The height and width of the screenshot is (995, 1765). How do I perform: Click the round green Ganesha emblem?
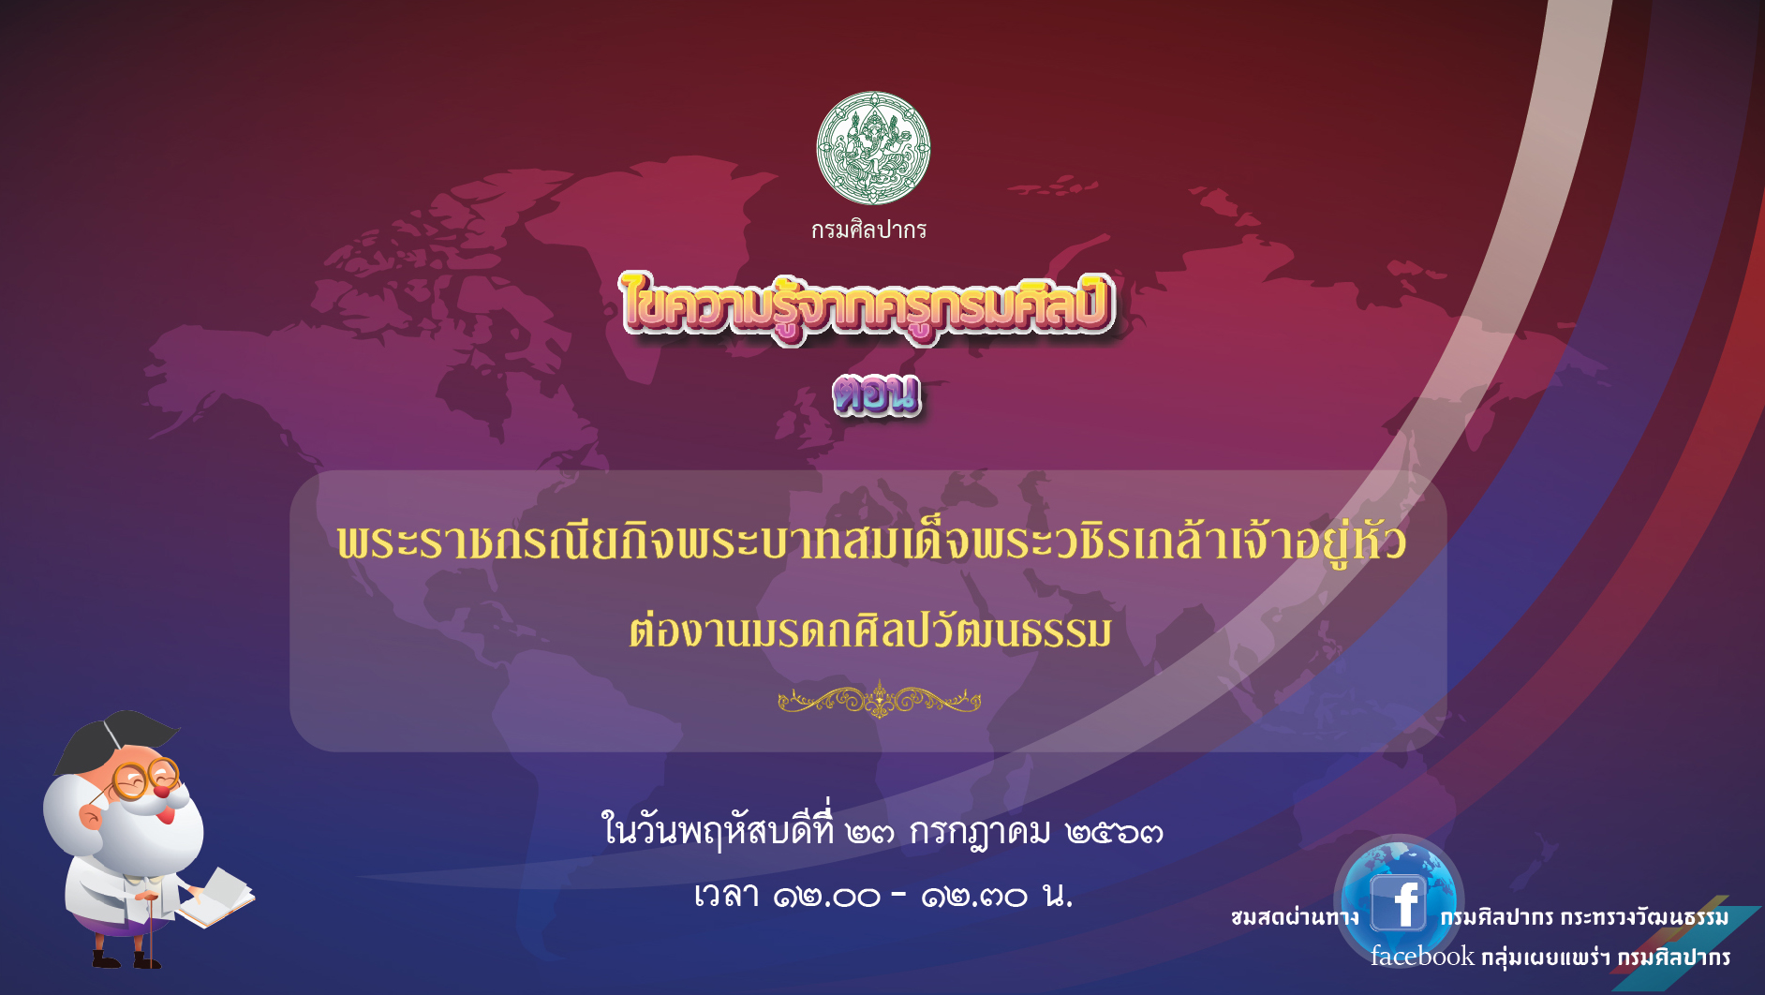click(x=873, y=148)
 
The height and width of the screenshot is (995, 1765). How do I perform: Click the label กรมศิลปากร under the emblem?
click(x=868, y=230)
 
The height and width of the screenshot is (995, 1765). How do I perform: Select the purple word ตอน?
click(x=877, y=394)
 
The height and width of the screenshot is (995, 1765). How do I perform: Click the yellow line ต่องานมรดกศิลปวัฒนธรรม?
click(x=870, y=631)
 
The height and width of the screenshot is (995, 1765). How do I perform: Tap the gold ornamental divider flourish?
click(x=879, y=700)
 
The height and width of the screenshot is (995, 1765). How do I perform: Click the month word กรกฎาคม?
click(x=980, y=831)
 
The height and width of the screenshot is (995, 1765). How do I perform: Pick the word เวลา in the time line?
click(x=726, y=896)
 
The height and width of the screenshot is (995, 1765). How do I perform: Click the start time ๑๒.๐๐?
click(x=826, y=897)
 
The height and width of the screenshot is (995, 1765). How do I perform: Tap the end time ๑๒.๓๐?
click(x=974, y=897)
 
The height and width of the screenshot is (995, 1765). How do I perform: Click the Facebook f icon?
click(x=1399, y=903)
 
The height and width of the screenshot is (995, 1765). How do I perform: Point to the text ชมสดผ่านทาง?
click(x=1295, y=917)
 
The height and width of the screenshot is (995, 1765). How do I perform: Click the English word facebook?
click(x=1422, y=957)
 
